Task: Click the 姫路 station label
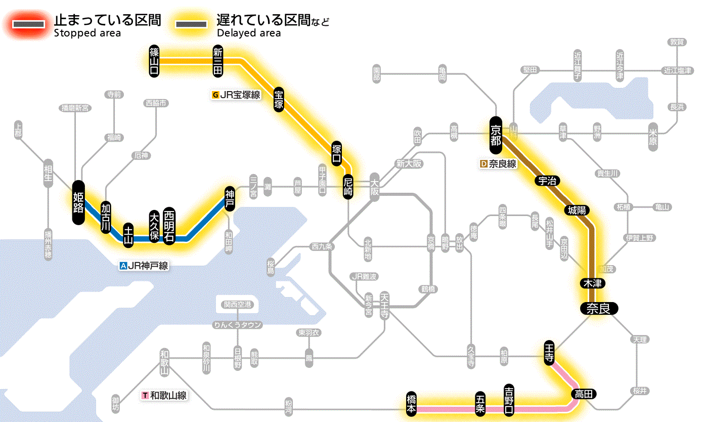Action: pyautogui.click(x=78, y=202)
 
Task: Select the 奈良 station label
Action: pyautogui.click(x=598, y=308)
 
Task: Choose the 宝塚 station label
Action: pyautogui.click(x=279, y=100)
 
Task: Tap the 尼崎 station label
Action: pyautogui.click(x=348, y=187)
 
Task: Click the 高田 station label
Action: pyautogui.click(x=584, y=394)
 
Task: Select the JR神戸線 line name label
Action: pyautogui.click(x=144, y=266)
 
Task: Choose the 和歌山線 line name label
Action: pyautogui.click(x=164, y=395)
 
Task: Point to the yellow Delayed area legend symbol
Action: pyautogui.click(x=191, y=24)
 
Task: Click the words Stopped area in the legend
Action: pyautogui.click(x=87, y=33)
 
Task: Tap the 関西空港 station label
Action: pyautogui.click(x=238, y=304)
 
